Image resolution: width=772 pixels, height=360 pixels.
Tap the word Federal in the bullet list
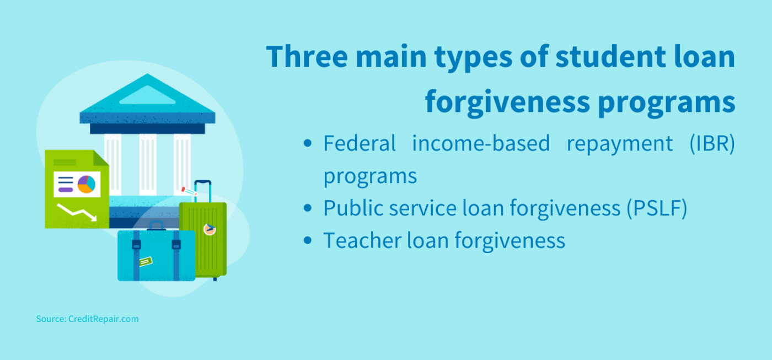click(x=360, y=143)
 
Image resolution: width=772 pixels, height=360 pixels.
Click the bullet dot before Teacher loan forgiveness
click(x=309, y=241)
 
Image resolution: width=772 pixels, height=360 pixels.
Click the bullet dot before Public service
click(x=309, y=208)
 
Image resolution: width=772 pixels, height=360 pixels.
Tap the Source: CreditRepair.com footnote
click(x=87, y=319)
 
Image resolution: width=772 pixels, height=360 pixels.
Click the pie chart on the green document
click(x=87, y=184)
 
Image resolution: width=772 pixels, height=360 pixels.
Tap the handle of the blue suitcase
click(x=157, y=224)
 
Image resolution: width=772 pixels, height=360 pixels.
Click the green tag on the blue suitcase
click(x=146, y=261)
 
